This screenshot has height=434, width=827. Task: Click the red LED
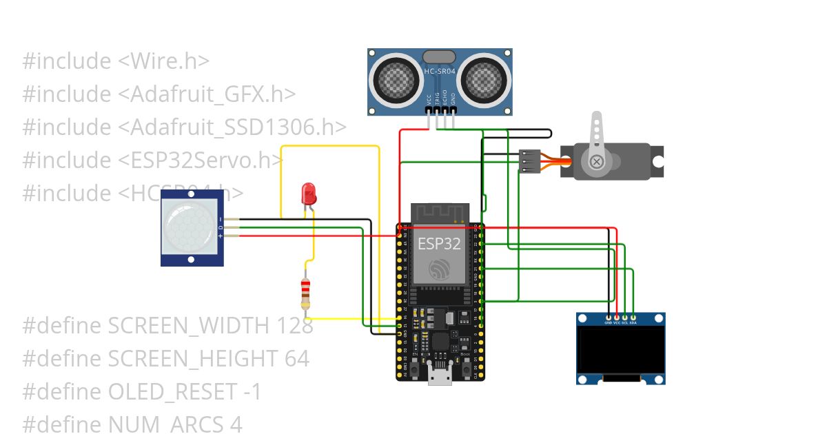point(309,192)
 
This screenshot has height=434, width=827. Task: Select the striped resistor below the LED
point(306,293)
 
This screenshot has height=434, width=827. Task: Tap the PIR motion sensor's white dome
point(186,227)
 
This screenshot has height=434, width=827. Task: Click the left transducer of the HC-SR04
point(396,79)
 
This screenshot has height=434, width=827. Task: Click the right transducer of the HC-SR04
point(484,79)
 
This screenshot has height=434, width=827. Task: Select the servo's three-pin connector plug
point(528,161)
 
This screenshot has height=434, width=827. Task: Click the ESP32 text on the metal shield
point(440,242)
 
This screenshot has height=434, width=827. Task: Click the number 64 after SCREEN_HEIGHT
point(296,359)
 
